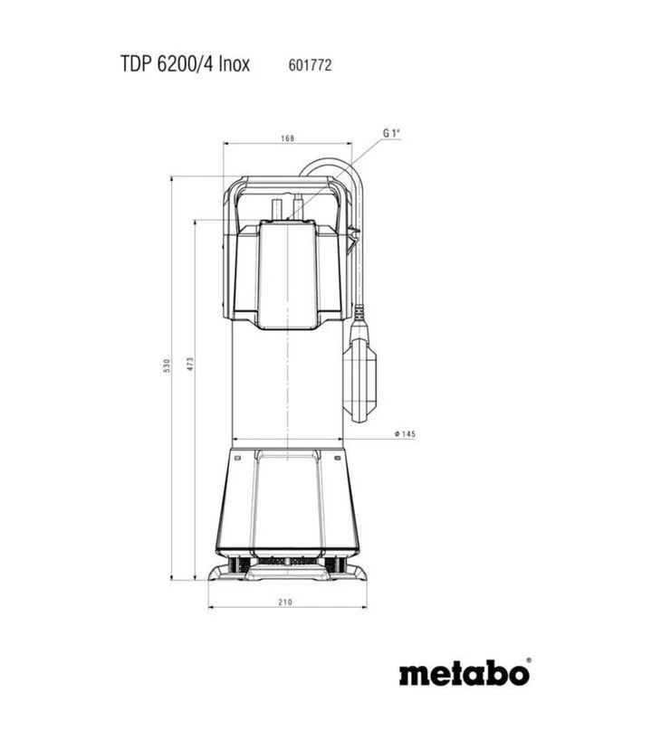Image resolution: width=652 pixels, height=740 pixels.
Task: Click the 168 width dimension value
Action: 287,138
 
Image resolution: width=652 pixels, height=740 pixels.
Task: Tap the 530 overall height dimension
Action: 167,365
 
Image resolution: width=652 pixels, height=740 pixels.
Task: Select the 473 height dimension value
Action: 190,364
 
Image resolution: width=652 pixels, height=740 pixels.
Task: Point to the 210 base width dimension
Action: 285,602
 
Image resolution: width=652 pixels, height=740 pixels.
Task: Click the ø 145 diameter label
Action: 405,433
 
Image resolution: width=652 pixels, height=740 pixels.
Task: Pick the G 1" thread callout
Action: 391,134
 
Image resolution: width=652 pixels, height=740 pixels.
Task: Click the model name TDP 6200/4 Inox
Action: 185,63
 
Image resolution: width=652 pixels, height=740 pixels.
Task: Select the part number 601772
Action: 310,64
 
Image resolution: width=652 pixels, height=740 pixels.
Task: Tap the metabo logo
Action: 465,672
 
